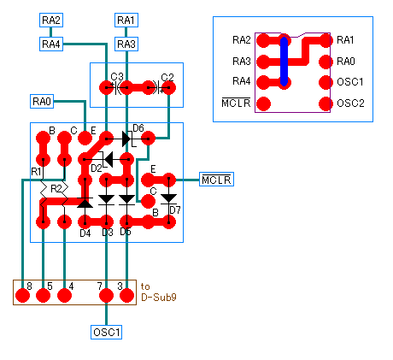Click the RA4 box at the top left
pyautogui.click(x=51, y=44)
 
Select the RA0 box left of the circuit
pyautogui.click(x=42, y=101)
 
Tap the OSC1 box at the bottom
pyautogui.click(x=107, y=332)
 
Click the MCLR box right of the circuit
pyautogui.click(x=216, y=180)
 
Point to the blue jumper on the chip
pyautogui.click(x=284, y=62)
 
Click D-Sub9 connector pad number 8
pyautogui.click(x=22, y=295)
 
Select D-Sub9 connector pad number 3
pyautogui.click(x=126, y=295)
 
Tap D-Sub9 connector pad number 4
pyautogui.click(x=65, y=295)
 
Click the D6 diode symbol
pyautogui.click(x=126, y=139)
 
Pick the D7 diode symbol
pyautogui.click(x=169, y=198)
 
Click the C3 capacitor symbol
pyautogui.click(x=116, y=88)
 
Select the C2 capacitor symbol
pyautogui.click(x=158, y=88)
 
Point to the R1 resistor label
pyautogui.click(x=36, y=172)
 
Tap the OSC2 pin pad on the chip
pyautogui.click(x=326, y=103)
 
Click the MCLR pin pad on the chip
pyautogui.click(x=263, y=103)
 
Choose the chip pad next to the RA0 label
pyautogui.click(x=326, y=62)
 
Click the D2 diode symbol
pyautogui.click(x=107, y=159)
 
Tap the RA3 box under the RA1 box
pyautogui.click(x=126, y=44)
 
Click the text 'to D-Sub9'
pyautogui.click(x=159, y=292)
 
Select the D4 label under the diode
pyautogui.click(x=85, y=233)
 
